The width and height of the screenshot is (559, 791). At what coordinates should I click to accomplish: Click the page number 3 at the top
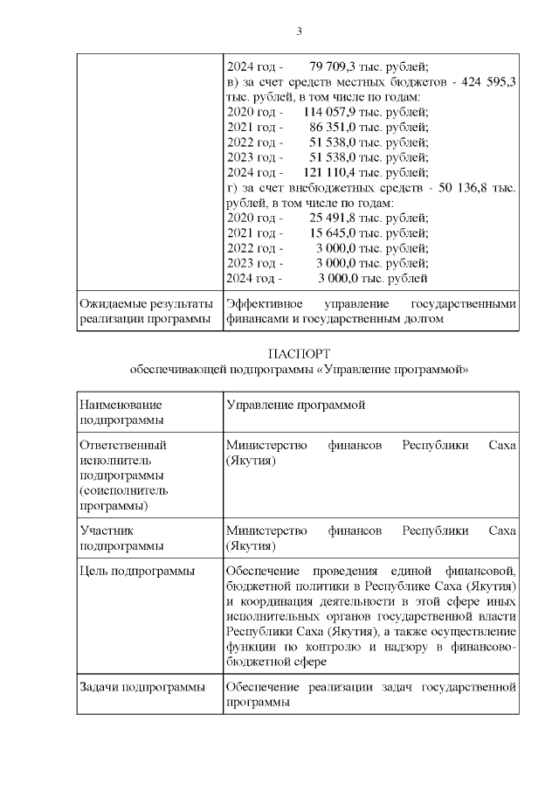pos(299,32)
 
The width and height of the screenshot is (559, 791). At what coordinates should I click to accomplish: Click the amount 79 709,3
pos(333,66)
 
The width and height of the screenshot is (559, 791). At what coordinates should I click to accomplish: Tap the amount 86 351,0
pos(333,128)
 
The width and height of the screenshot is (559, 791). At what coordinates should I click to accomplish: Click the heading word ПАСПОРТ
pos(299,354)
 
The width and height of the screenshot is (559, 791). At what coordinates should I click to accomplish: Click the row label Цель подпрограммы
pos(137,572)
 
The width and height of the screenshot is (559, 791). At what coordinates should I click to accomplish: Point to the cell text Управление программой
pos(294,405)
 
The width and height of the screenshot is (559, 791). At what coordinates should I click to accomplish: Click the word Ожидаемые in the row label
pos(113,304)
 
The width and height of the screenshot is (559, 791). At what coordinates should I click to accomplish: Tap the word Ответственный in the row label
pos(122,445)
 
